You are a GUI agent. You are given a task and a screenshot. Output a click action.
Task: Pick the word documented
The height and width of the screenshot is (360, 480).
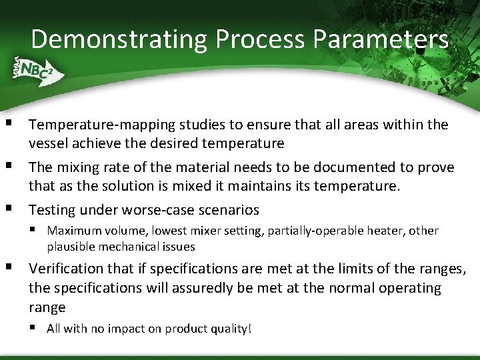359,167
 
